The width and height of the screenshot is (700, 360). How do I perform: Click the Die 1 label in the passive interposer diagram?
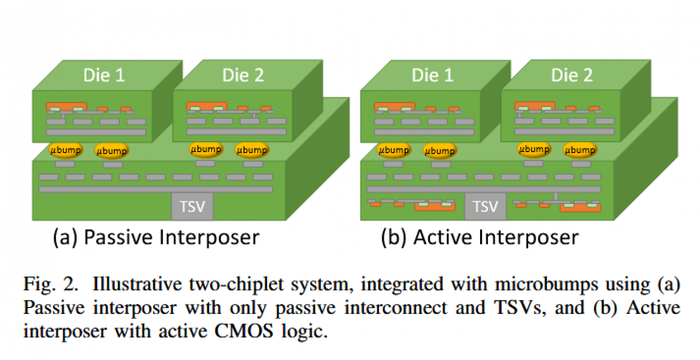point(104,76)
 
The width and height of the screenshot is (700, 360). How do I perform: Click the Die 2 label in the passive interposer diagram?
point(243,76)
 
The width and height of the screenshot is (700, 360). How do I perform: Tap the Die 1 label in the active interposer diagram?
point(433,76)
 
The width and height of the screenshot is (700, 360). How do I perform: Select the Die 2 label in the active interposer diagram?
point(572,76)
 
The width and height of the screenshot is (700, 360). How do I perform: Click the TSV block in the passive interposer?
point(192,206)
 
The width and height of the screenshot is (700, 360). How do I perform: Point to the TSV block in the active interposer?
point(485,206)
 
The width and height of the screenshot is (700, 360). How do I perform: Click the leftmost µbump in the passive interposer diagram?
point(66,150)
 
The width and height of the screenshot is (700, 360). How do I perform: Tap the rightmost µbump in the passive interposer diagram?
point(252,150)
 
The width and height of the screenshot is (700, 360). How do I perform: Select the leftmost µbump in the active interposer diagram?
point(394,150)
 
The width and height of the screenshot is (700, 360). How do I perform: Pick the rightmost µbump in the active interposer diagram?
point(580,150)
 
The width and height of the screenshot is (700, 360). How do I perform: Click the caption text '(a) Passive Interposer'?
point(156,237)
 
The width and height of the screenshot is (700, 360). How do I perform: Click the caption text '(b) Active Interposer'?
point(480,237)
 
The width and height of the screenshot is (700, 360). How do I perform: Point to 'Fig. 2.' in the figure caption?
point(50,284)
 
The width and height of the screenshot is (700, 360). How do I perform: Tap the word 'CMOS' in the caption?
point(244,330)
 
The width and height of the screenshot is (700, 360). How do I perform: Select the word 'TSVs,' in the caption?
point(520,307)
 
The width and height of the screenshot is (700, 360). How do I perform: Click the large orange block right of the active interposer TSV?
point(580,207)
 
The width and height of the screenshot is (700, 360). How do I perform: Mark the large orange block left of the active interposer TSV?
point(435,207)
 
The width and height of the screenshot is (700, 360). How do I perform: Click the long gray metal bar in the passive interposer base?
point(156,189)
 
